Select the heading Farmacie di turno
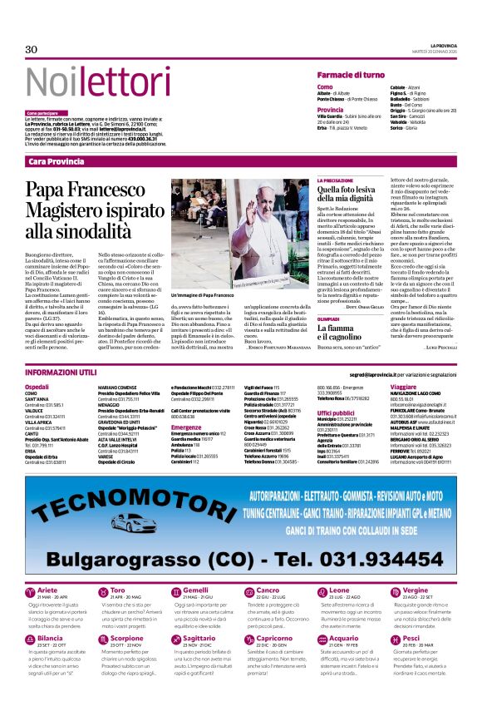pyautogui.click(x=361, y=75)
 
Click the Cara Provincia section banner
pyautogui.click(x=57, y=160)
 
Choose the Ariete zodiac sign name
pyautogui.click(x=49, y=591)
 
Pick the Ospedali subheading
pyautogui.click(x=37, y=388)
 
